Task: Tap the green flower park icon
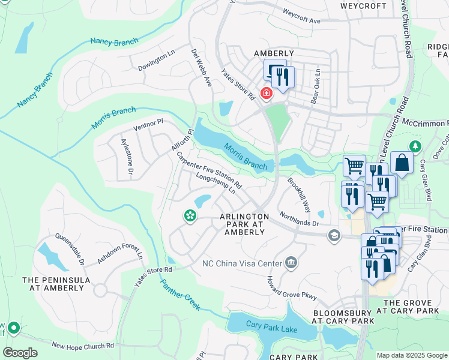coord(190,215)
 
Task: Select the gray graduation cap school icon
coord(334,236)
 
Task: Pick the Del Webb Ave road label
coord(201,67)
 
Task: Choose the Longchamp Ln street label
coord(215,182)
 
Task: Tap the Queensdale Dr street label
coord(70,247)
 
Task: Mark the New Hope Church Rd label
coord(83,346)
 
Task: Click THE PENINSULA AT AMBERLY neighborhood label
coord(56,284)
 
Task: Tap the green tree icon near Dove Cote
coord(414,146)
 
